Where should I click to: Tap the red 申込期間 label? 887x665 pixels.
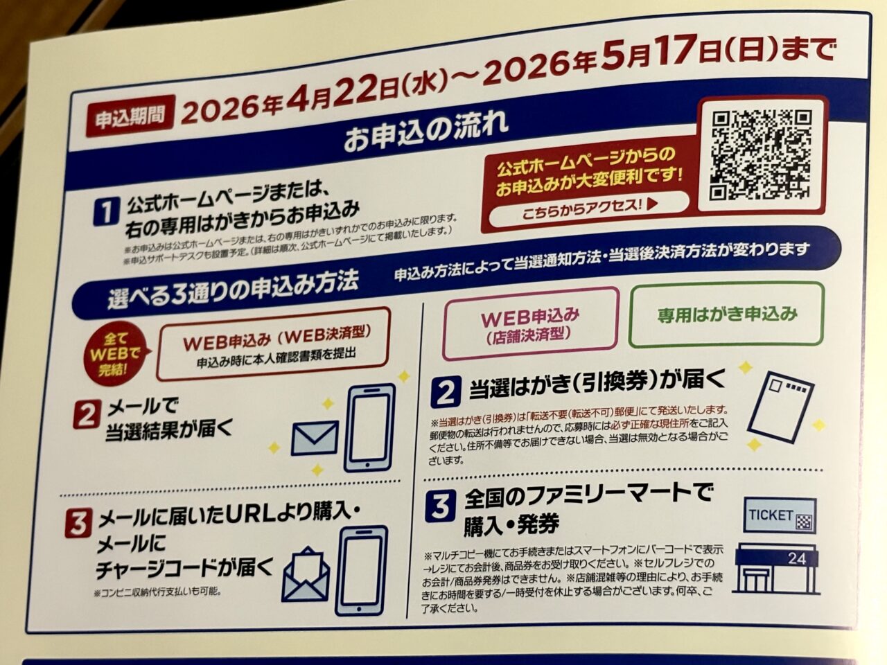[130, 115]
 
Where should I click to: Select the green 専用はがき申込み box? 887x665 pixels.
[727, 314]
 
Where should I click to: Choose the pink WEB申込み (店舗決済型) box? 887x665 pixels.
[530, 323]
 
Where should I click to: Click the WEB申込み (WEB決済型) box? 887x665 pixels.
[275, 344]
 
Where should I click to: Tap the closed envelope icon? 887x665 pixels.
[315, 438]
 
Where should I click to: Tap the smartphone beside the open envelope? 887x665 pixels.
[361, 569]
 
